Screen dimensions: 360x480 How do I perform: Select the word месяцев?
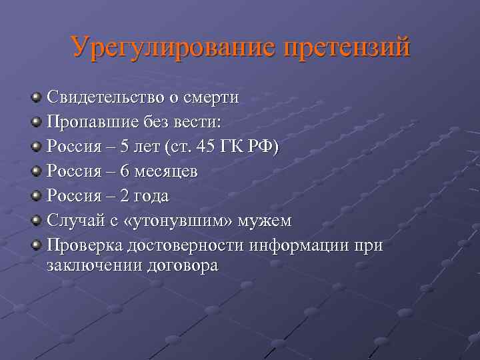click(165, 171)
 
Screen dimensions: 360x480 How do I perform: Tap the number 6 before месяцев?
click(123, 171)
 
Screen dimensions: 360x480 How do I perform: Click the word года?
click(150, 196)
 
